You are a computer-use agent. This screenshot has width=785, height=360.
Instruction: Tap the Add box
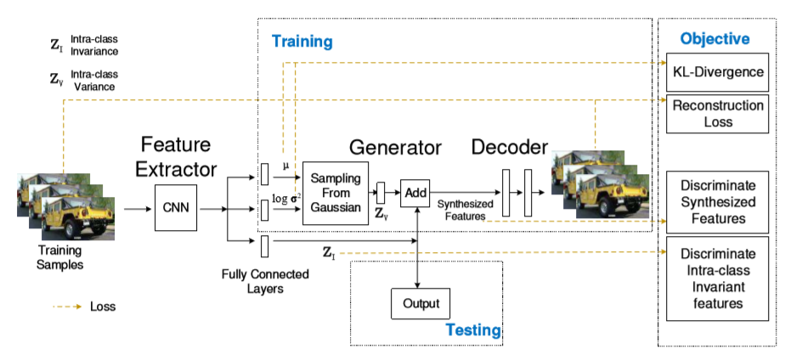[x=415, y=194]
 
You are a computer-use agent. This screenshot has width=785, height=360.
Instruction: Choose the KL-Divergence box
[x=717, y=72]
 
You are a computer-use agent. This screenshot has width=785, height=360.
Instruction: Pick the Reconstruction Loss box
[x=717, y=114]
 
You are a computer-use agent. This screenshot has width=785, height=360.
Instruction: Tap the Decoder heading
[x=511, y=147]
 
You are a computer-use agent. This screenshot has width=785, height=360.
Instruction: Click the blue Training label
[x=302, y=41]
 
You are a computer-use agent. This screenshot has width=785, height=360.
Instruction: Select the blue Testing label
[x=474, y=330]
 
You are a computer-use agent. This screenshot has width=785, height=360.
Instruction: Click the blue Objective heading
[x=714, y=39]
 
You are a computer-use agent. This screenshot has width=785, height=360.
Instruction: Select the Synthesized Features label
[x=464, y=211]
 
